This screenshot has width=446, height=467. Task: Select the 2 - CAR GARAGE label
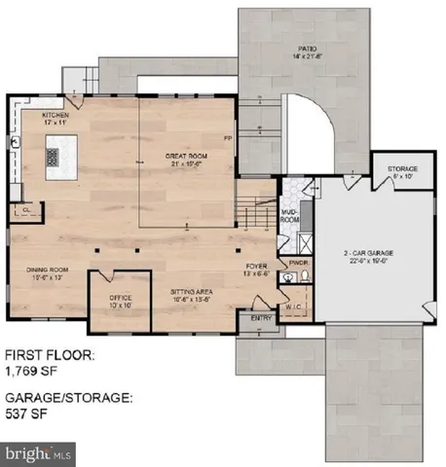click(x=365, y=254)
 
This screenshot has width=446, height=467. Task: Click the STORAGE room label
click(x=401, y=168)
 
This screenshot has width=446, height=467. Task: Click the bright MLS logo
click(x=39, y=453)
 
